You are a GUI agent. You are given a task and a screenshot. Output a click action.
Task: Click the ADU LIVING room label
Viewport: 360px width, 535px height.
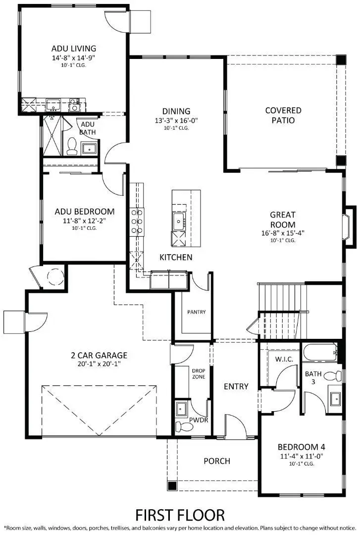pyautogui.click(x=73, y=49)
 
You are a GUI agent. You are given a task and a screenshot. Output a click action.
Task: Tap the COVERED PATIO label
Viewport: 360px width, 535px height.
pyautogui.click(x=283, y=115)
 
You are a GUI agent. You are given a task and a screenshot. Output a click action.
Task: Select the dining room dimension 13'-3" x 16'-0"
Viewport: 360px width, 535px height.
pyautogui.click(x=176, y=120)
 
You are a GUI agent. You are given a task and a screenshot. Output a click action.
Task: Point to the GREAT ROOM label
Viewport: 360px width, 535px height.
pyautogui.click(x=283, y=219)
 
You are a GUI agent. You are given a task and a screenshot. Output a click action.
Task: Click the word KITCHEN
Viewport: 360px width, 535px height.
pyautogui.click(x=176, y=257)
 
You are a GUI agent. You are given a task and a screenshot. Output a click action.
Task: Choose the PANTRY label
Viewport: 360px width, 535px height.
pyautogui.click(x=196, y=312)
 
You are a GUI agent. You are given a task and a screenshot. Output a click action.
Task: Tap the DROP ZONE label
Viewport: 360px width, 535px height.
pyautogui.click(x=198, y=373)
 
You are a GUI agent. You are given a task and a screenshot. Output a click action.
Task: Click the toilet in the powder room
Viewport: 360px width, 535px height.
pyautogui.click(x=180, y=426)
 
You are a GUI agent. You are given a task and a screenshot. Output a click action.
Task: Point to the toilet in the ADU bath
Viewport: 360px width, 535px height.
pyautogui.click(x=72, y=145)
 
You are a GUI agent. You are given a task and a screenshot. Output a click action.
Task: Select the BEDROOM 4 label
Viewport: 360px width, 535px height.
pyautogui.click(x=301, y=446)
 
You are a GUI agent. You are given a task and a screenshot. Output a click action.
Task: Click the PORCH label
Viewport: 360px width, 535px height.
pyautogui.click(x=217, y=461)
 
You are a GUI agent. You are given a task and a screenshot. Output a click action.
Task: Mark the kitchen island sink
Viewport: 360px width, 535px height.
pyautogui.click(x=178, y=221)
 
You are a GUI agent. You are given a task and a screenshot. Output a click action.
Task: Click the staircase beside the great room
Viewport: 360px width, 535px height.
pyautogui.click(x=281, y=297)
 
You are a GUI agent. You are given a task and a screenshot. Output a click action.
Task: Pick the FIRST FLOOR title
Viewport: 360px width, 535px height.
pyautogui.click(x=180, y=514)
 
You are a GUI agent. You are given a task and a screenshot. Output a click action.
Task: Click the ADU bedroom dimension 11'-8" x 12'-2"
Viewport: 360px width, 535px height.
pyautogui.click(x=84, y=220)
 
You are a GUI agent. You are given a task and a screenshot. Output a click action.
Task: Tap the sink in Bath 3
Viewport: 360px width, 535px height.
pyautogui.click(x=335, y=398)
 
